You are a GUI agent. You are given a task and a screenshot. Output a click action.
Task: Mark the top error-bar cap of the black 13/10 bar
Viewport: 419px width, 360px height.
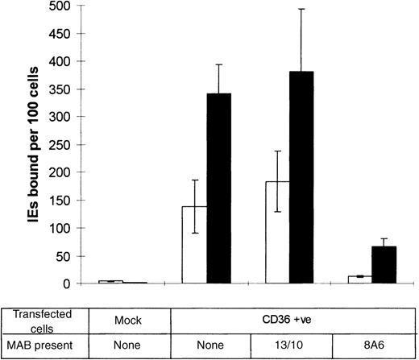pyautogui.click(x=301, y=9)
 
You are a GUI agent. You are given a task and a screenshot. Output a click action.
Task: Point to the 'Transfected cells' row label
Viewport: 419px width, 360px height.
pyautogui.click(x=42, y=318)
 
